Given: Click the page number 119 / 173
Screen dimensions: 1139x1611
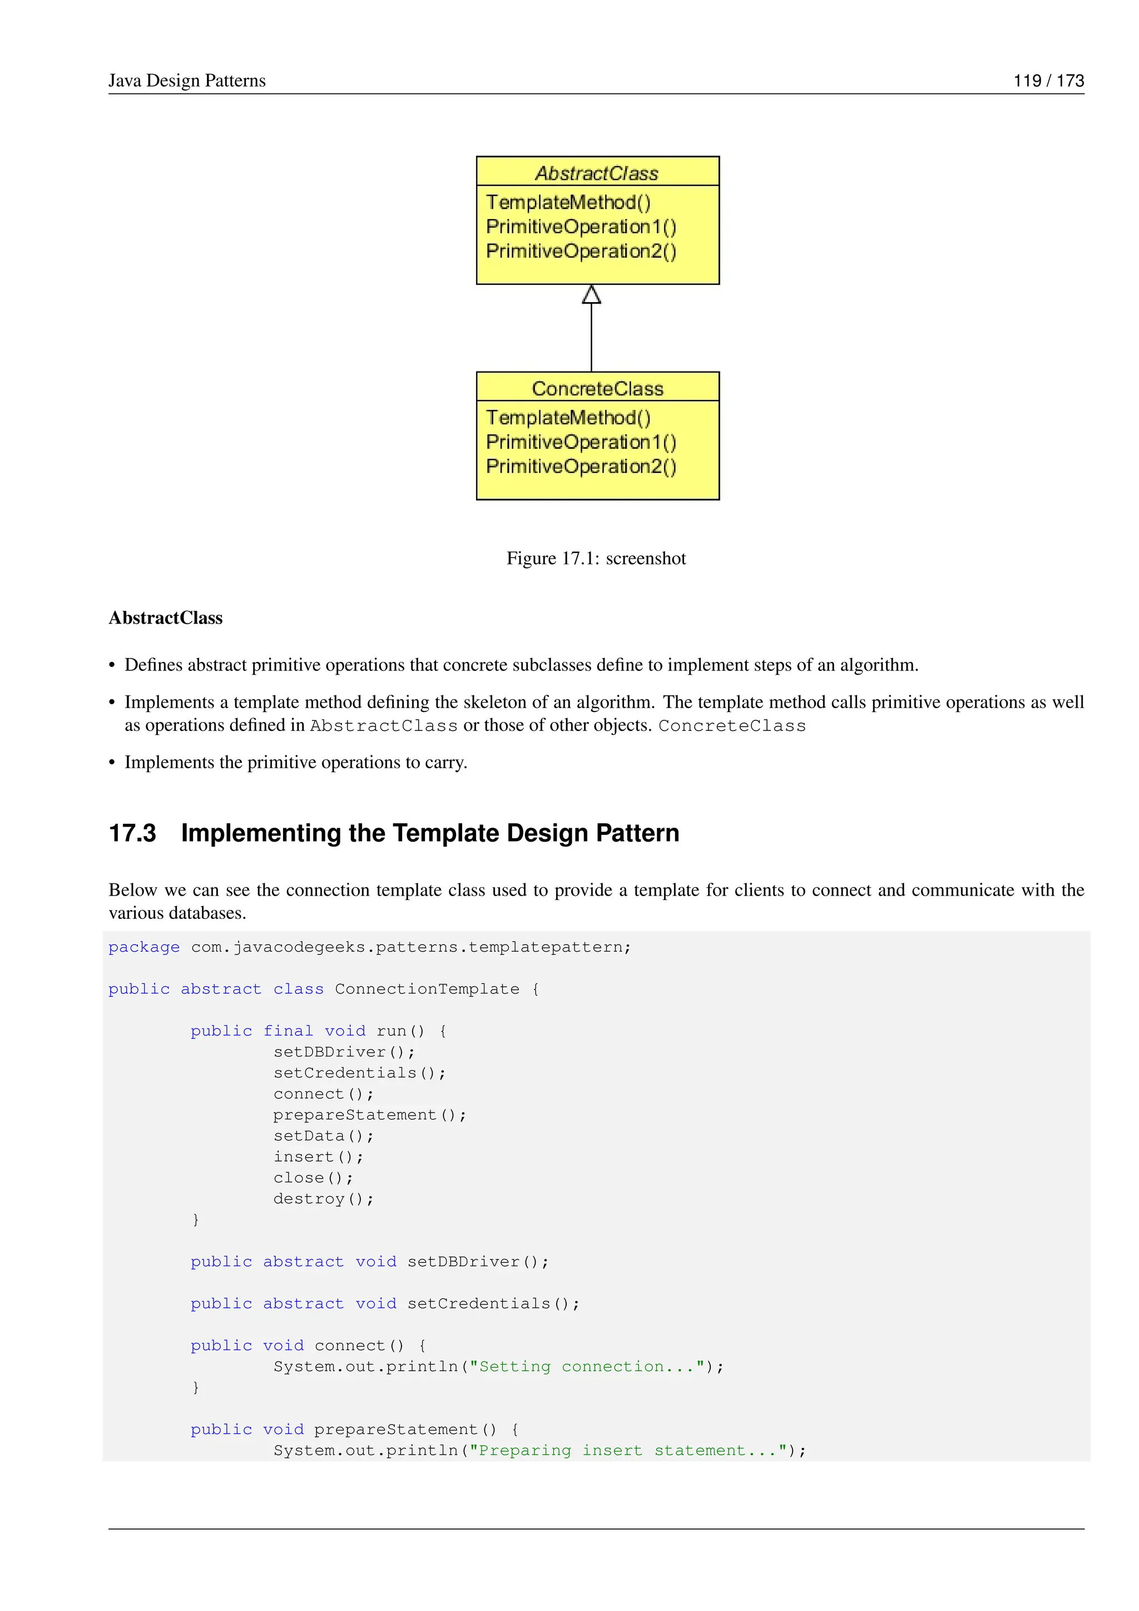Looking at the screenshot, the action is [x=1048, y=81].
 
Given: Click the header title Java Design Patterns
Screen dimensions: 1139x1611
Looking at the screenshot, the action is [x=186, y=81].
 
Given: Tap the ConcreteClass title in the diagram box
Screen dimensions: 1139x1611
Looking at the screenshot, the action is [x=597, y=388].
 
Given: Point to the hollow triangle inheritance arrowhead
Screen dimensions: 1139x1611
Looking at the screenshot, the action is [x=591, y=295].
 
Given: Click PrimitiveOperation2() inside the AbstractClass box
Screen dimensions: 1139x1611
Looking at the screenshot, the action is [x=581, y=251].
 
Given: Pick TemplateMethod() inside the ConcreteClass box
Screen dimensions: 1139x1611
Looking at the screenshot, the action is [x=568, y=417].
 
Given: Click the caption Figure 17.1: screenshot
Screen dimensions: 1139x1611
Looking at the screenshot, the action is [x=596, y=558].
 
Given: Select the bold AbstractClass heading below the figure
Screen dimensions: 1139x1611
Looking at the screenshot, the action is [x=166, y=617].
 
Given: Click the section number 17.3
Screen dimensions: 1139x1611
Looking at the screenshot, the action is [x=132, y=833].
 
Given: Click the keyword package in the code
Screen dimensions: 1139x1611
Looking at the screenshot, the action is [x=144, y=947].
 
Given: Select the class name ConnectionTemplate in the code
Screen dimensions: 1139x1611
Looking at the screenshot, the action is [x=427, y=989].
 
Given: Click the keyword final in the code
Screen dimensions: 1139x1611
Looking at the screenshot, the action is [x=288, y=1031].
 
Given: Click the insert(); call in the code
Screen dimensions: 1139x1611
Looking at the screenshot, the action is [x=318, y=1157].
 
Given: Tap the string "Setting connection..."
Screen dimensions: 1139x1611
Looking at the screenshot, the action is [x=586, y=1366].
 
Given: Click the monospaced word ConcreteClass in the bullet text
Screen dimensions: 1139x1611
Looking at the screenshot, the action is [x=731, y=725].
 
